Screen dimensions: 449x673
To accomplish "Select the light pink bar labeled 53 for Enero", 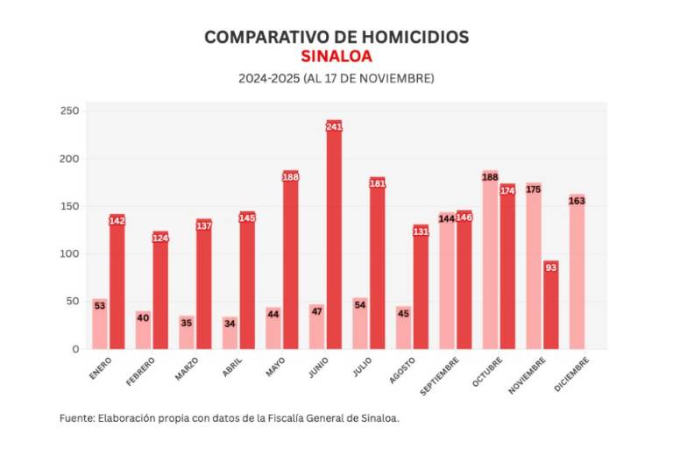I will click(x=100, y=324).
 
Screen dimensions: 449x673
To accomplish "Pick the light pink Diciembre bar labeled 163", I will click(x=577, y=272).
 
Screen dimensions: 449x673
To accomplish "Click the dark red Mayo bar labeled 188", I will click(x=291, y=260).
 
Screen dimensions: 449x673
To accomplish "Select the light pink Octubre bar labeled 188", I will click(x=490, y=260).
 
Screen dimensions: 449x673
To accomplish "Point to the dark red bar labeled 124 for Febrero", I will click(x=160, y=290).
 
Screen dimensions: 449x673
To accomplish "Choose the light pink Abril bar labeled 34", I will click(x=230, y=333).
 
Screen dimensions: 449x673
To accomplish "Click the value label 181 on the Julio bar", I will click(x=378, y=183).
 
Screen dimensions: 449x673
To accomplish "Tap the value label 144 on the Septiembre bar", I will click(x=447, y=218).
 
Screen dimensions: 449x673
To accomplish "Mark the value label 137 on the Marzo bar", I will click(x=204, y=225).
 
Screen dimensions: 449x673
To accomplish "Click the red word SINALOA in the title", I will click(x=336, y=56).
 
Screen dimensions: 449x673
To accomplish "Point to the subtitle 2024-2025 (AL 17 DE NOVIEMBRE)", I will click(x=336, y=78).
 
